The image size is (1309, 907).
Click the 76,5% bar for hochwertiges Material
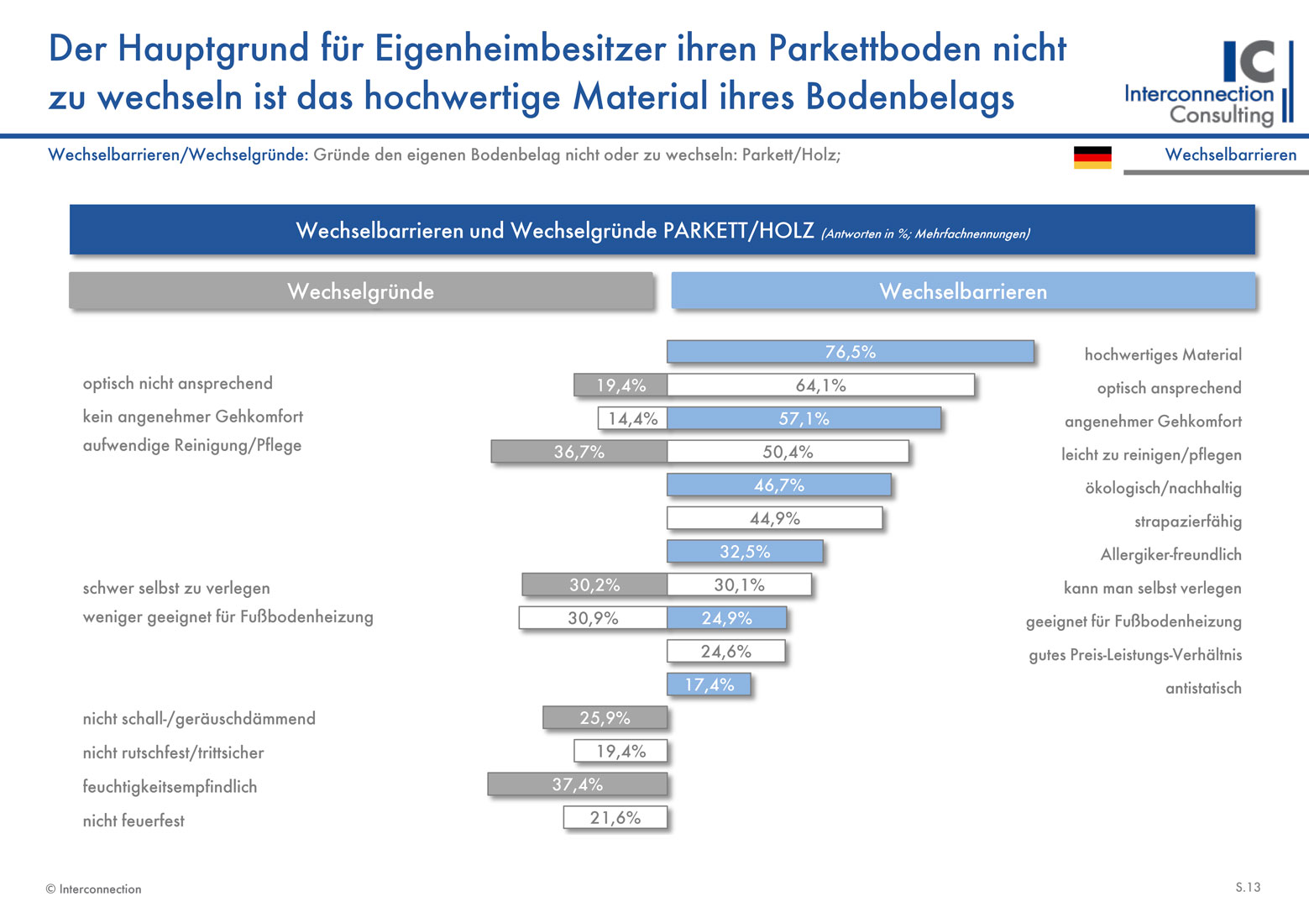pyautogui.click(x=850, y=352)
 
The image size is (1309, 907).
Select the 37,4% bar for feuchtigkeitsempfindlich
pyautogui.click(x=578, y=784)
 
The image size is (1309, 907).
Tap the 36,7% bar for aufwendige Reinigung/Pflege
pyautogui.click(x=579, y=452)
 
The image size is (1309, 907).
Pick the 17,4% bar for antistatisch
pyautogui.click(x=709, y=684)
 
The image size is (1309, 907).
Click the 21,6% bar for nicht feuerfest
pyautogui.click(x=615, y=818)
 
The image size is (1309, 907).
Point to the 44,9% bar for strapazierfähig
pyautogui.click(x=774, y=518)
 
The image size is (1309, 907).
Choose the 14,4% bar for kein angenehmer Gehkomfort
pyautogui.click(x=633, y=418)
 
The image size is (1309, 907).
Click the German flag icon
pyautogui.click(x=1092, y=157)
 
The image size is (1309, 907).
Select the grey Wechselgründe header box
pyautogui.click(x=361, y=291)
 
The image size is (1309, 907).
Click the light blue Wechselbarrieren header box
pyautogui.click(x=963, y=291)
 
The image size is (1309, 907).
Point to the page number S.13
pyautogui.click(x=1247, y=887)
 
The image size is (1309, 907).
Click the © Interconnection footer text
pyautogui.click(x=94, y=889)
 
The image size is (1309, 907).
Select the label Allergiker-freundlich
pyautogui.click(x=1170, y=554)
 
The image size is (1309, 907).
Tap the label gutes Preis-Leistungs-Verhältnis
pyautogui.click(x=1135, y=655)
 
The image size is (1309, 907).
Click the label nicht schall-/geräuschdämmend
pyautogui.click(x=199, y=719)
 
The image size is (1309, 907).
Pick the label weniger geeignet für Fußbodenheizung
pyautogui.click(x=228, y=617)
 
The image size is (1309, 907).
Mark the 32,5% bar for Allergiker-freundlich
pyautogui.click(x=745, y=552)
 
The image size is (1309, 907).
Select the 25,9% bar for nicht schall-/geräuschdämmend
pyautogui.click(x=605, y=718)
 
